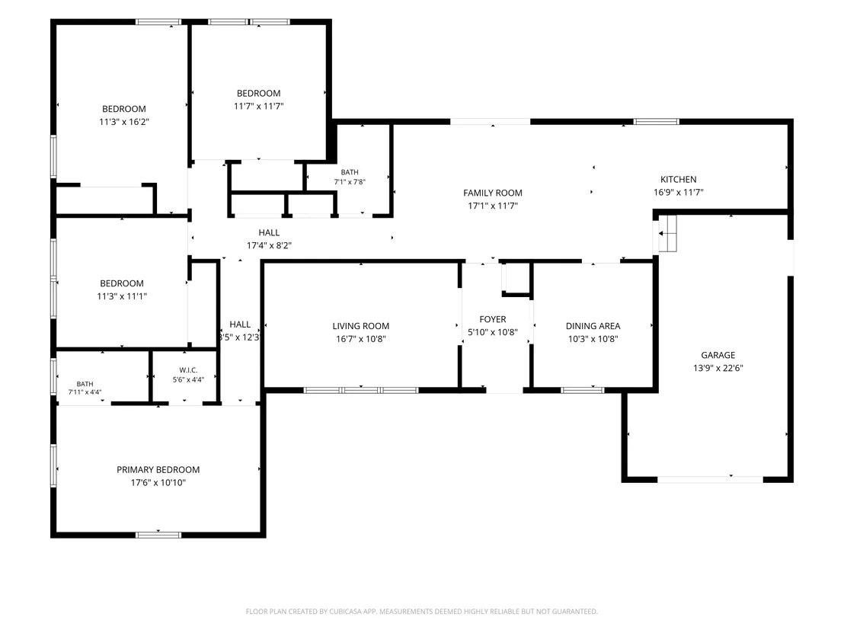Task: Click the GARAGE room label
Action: pos(718,355)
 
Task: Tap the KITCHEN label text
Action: pos(678,180)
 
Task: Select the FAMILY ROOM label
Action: pos(493,193)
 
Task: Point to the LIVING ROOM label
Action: pos(360,326)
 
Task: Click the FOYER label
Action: pos(493,320)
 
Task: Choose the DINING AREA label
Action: pos(593,326)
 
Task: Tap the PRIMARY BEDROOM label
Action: pos(158,470)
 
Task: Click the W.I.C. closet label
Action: pos(188,370)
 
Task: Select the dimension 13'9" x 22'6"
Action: pos(718,368)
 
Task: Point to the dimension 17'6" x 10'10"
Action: pos(158,483)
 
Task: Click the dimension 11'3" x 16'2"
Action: pos(124,122)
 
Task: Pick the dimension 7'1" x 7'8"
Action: pos(350,182)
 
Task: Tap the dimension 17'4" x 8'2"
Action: pos(269,245)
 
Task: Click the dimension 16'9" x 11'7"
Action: pos(678,193)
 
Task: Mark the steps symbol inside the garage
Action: pos(667,234)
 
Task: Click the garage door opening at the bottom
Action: pos(709,479)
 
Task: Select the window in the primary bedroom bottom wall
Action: pos(158,535)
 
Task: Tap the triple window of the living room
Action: pos(360,390)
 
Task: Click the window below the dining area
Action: pos(583,390)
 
